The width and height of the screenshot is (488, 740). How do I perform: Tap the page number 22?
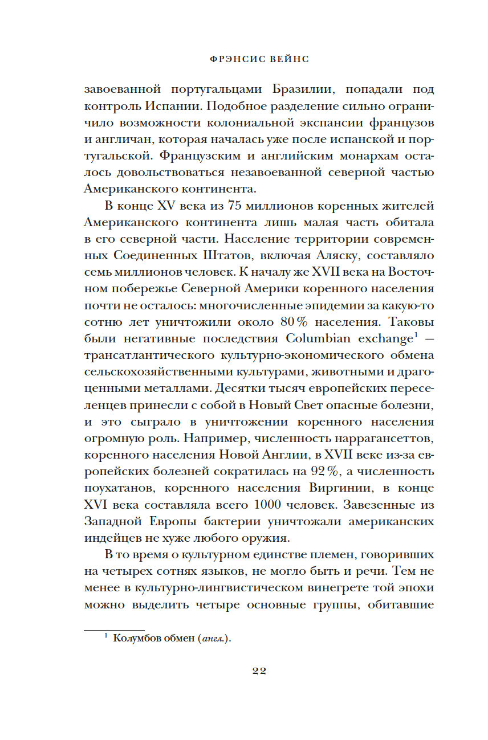coord(259,671)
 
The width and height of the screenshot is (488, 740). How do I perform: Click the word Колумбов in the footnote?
coord(135,639)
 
